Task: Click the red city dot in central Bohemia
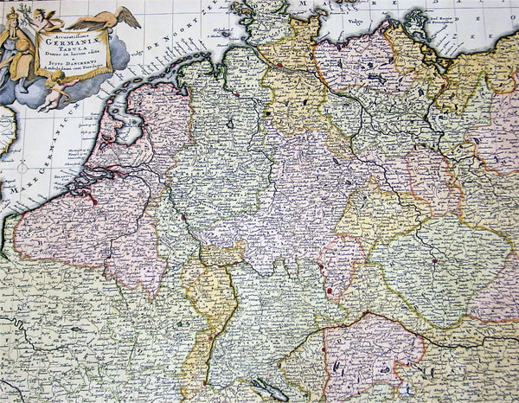432,259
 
